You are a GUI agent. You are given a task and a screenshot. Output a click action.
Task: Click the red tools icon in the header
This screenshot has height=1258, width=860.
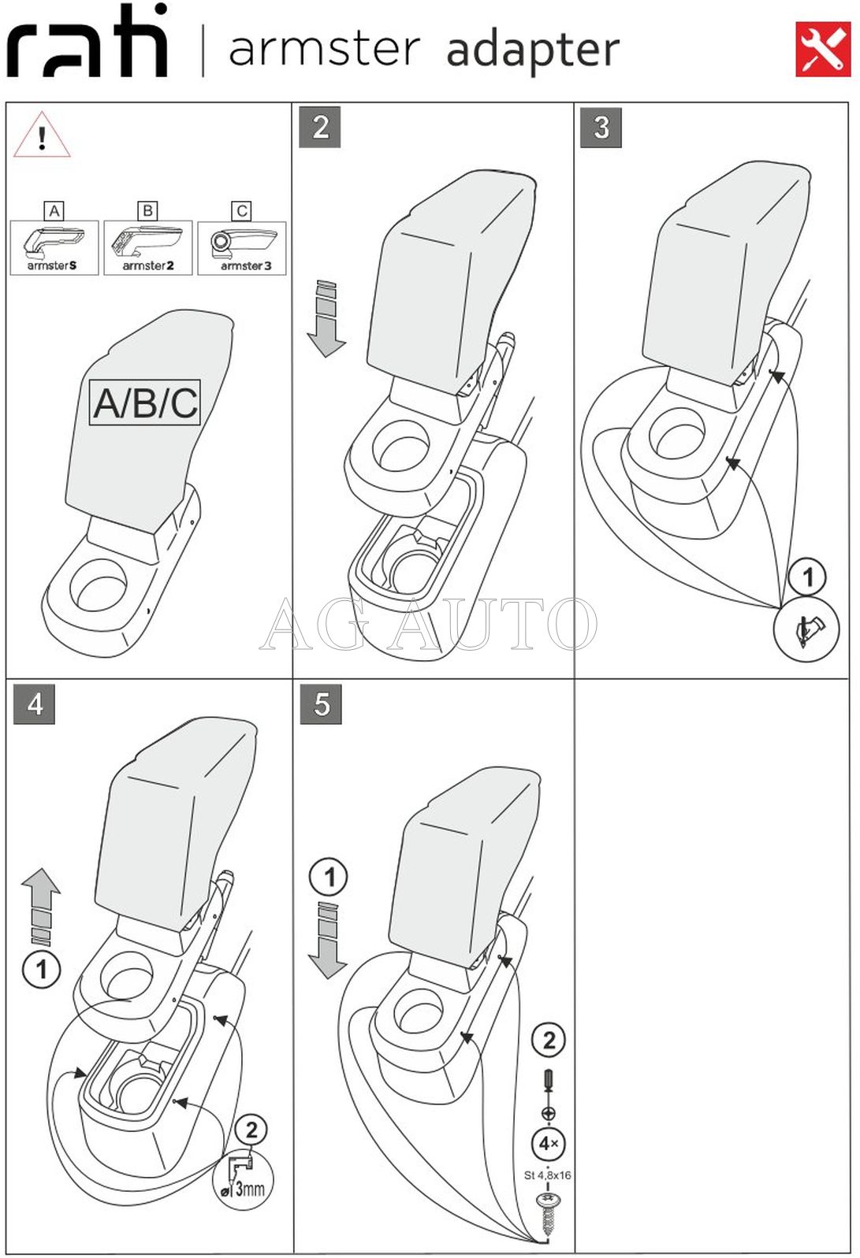[822, 50]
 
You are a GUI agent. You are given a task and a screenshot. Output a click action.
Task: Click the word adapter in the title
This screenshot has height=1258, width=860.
[533, 50]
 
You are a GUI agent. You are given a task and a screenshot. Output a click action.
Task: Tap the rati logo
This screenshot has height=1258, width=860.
[88, 43]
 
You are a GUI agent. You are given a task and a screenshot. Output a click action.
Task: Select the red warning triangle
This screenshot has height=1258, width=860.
[42, 136]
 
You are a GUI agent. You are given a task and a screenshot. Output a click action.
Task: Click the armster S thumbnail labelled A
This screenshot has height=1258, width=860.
[54, 247]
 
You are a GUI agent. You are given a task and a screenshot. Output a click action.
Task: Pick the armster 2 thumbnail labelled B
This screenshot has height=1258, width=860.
[147, 247]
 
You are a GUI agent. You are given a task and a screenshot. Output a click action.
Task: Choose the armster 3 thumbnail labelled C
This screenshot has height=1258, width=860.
[242, 247]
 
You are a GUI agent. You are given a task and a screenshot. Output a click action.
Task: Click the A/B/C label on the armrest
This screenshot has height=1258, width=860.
[145, 403]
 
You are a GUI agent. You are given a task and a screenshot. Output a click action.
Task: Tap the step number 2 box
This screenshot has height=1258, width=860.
[320, 127]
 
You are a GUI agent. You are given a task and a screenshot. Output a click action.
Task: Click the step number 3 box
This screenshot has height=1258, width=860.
[601, 127]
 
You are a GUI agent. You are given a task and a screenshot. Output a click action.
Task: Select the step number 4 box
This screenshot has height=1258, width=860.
[35, 703]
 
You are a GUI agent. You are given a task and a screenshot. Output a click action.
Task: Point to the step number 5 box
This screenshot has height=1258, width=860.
[321, 703]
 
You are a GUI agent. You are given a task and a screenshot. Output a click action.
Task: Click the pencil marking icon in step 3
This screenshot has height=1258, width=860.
[806, 630]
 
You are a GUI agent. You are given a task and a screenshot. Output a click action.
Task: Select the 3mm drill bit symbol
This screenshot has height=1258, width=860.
[243, 1178]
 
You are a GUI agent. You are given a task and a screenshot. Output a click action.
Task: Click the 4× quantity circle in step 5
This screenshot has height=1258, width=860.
[548, 1143]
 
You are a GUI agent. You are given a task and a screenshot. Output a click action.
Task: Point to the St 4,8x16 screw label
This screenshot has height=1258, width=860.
[547, 1175]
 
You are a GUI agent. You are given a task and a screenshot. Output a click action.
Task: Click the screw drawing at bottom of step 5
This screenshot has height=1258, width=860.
[547, 1212]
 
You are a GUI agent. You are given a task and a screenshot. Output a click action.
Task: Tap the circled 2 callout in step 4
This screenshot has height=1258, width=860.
[251, 1130]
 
